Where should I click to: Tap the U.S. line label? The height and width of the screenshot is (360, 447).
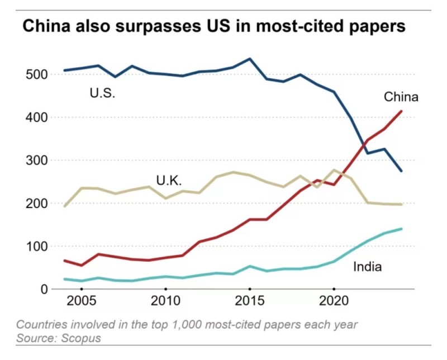click(x=102, y=93)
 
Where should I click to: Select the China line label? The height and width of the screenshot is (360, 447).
click(x=401, y=97)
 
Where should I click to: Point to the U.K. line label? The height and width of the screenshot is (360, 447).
click(x=169, y=181)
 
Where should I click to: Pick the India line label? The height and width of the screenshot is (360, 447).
click(x=367, y=267)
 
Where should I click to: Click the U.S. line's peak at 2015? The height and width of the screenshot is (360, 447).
click(x=250, y=59)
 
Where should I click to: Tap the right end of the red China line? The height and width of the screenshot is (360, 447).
click(x=401, y=111)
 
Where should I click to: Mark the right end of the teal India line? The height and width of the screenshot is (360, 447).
click(x=401, y=229)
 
